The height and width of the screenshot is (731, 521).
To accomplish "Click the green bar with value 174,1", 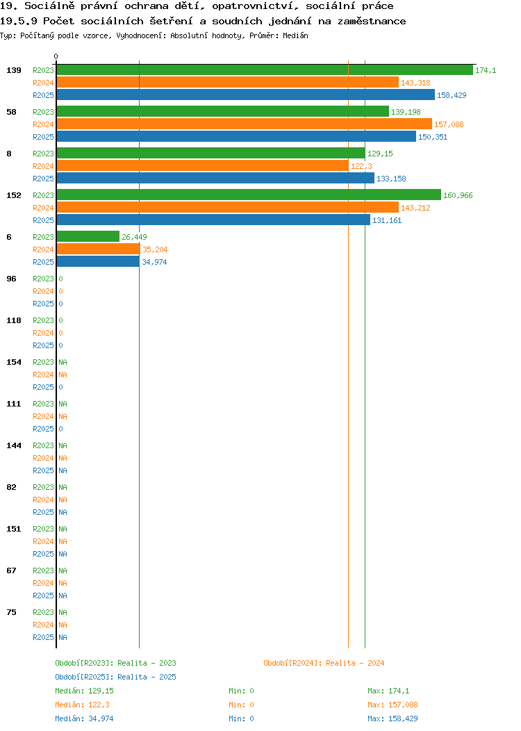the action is [x=265, y=70].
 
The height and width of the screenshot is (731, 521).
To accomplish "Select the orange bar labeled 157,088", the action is [x=245, y=124].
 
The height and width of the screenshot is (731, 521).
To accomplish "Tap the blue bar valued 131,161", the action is [x=213, y=220].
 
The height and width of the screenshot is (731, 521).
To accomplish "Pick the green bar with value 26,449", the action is [x=88, y=237].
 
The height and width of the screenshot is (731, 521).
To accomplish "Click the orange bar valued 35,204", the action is [x=99, y=249].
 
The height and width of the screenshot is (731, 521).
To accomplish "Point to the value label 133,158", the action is [x=392, y=179].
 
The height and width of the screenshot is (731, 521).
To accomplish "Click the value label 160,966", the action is [x=458, y=195].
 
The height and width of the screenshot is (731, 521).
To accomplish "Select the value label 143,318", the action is [x=415, y=83].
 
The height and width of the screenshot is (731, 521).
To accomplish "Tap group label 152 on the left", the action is [x=13, y=195].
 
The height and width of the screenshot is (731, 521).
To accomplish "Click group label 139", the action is [x=13, y=70].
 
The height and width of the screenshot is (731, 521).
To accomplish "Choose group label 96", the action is [x=11, y=279].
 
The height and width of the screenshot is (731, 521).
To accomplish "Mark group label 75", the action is [x=11, y=612].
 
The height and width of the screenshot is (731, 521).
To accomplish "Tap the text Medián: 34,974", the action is [x=84, y=718].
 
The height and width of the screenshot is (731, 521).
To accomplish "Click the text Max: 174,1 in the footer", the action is [x=388, y=691].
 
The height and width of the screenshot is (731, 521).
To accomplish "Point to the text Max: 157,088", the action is [x=392, y=705].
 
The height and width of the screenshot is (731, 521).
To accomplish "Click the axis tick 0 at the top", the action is [x=56, y=56].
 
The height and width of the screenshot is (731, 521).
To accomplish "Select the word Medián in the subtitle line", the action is [x=295, y=35].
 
